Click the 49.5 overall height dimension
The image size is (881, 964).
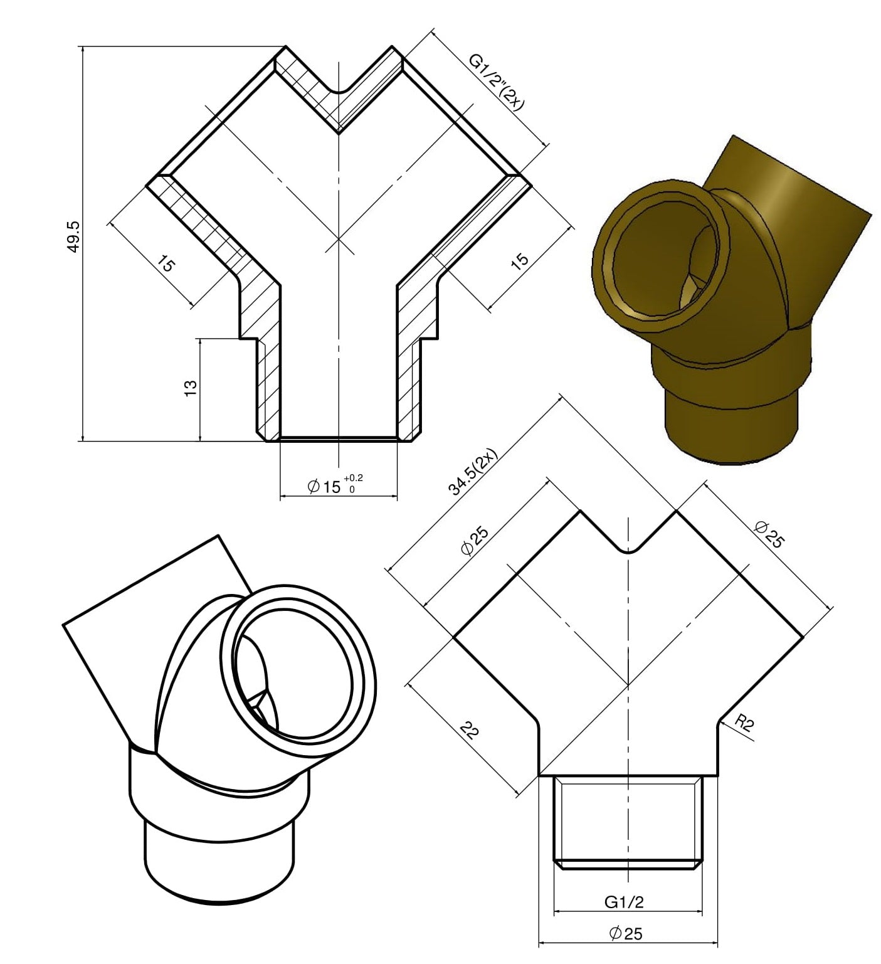point(74,236)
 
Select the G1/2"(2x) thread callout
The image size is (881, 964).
point(496,82)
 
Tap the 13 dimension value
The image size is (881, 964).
point(191,388)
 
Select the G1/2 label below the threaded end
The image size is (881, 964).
point(624,902)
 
